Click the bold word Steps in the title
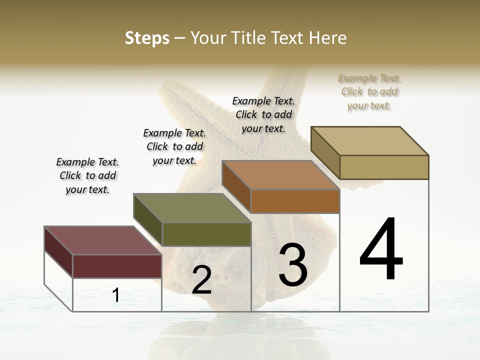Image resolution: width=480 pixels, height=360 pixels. point(147,38)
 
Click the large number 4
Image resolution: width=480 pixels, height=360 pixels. point(381,249)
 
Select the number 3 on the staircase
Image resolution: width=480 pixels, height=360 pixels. point(293,265)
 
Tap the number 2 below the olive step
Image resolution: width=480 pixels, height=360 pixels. point(201,280)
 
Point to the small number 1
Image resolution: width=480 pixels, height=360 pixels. point(116,295)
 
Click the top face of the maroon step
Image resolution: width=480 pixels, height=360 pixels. point(102,240)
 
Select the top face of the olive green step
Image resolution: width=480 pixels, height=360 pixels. point(192,208)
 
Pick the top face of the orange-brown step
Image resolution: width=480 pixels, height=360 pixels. point(281,175)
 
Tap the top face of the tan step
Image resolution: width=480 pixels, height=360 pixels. point(370,141)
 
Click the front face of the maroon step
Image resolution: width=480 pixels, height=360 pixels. point(117,266)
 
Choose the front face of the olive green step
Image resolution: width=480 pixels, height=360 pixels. point(206,234)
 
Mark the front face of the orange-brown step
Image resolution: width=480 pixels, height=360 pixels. point(295,201)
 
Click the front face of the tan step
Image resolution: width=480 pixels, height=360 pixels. point(384,167)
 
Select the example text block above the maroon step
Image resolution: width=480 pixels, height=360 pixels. point(87,175)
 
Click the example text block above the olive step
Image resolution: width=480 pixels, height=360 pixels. point(174,146)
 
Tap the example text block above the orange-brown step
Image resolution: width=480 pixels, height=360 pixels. point(263,114)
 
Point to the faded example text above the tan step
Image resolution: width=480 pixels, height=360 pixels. point(369,91)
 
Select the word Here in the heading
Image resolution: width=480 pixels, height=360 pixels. point(328,38)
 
